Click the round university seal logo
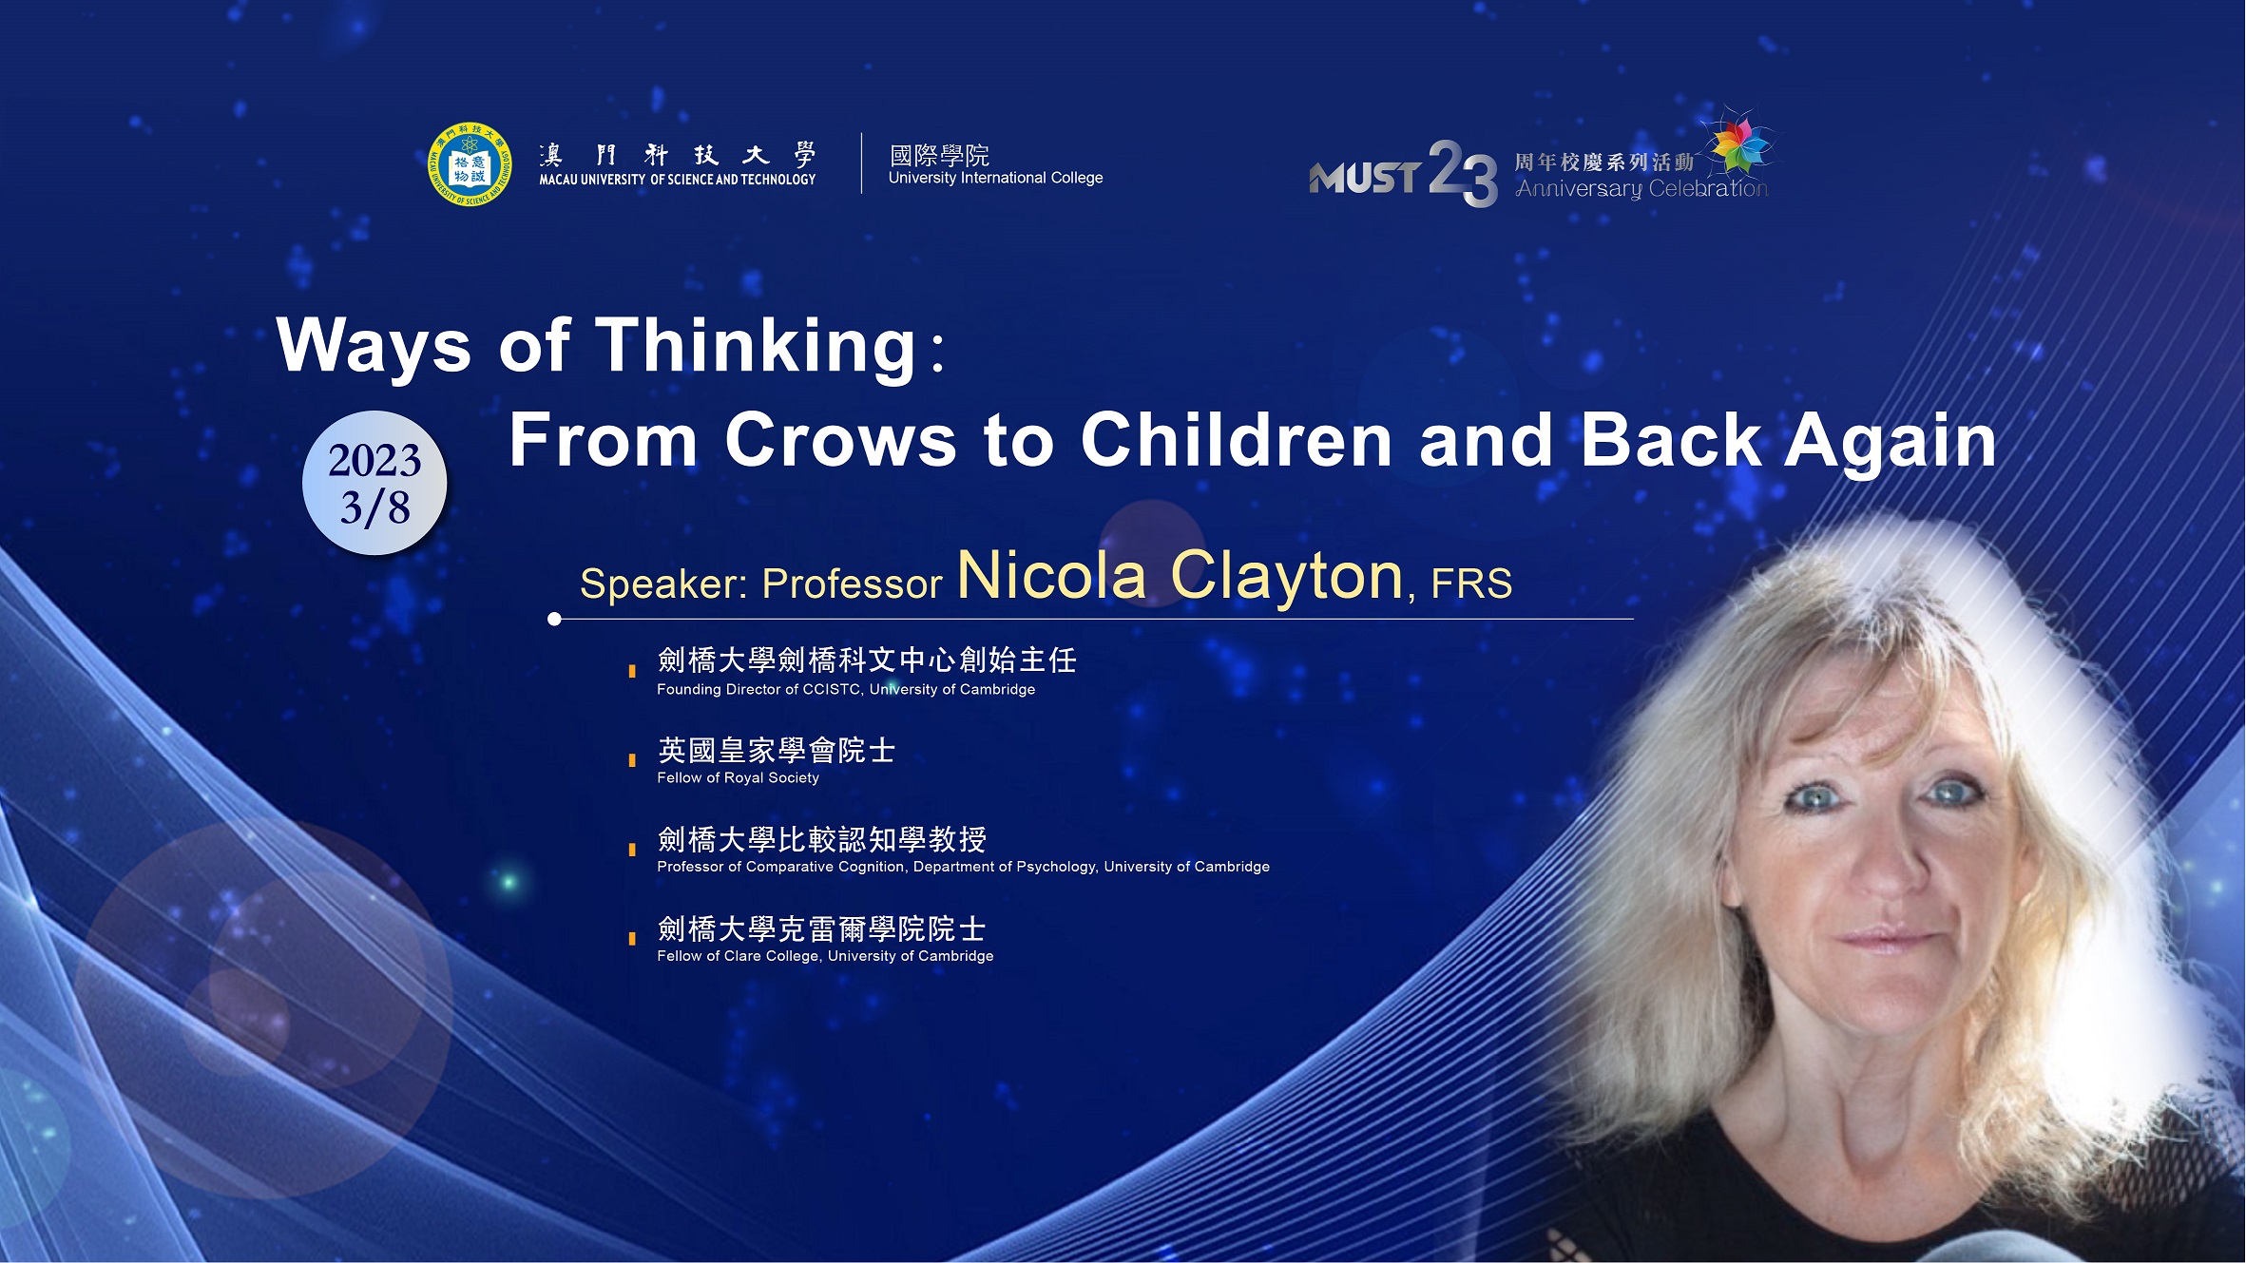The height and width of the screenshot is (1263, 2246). point(469,164)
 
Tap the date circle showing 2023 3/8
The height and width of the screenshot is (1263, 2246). point(374,483)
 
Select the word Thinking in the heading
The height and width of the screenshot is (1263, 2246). point(756,346)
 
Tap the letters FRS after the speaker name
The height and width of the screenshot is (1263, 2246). point(1471,584)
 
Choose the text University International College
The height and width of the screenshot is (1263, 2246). point(995,178)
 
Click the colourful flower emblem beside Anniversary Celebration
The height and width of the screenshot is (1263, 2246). point(1739,144)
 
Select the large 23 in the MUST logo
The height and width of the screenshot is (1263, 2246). point(1463,173)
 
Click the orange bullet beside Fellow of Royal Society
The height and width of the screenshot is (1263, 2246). point(632,760)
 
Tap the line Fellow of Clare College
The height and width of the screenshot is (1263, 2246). point(825,956)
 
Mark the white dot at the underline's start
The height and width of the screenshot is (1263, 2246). point(555,620)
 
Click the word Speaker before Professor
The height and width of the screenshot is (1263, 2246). point(663,584)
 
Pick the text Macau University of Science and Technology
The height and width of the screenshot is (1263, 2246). point(677,180)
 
